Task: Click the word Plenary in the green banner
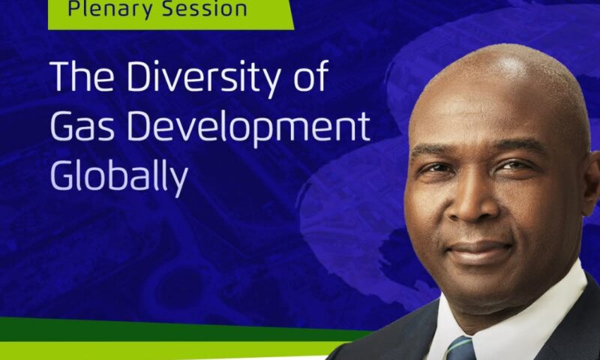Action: (104, 10)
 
